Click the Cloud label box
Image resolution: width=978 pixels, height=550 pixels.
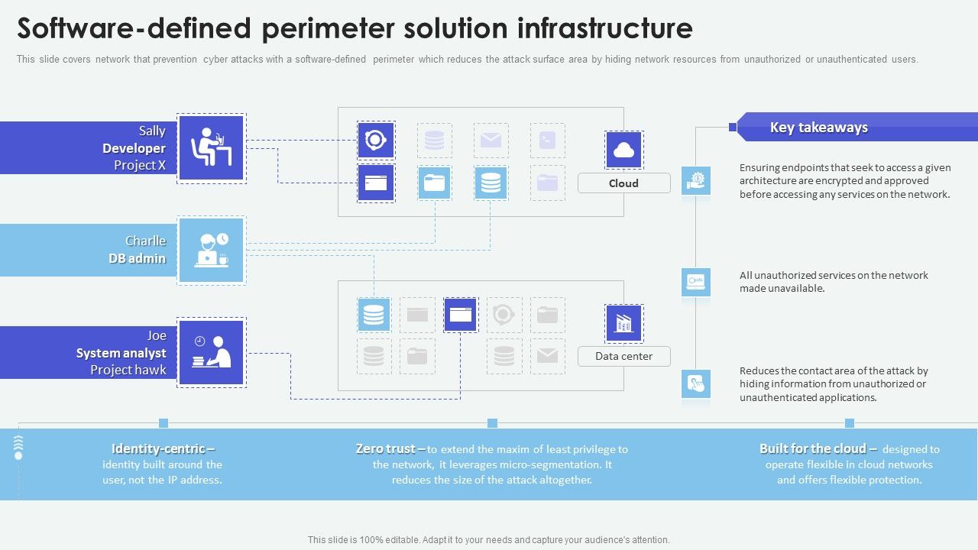[x=623, y=183]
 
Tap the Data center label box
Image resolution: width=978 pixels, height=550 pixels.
[x=623, y=356]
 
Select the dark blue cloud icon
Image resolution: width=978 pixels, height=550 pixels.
[x=623, y=150]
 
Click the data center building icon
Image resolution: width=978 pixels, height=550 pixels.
[x=623, y=323]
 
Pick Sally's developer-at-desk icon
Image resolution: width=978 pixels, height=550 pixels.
[x=212, y=148]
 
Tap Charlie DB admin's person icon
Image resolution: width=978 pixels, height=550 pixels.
[x=212, y=251]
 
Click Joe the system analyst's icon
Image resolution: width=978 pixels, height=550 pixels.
[x=212, y=352]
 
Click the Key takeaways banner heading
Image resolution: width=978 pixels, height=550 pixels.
[x=818, y=128]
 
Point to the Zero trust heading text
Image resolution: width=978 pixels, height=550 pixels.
[x=386, y=449]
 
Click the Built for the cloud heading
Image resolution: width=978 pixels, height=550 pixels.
[x=812, y=449]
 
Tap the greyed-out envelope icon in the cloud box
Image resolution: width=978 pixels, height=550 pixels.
[x=491, y=141]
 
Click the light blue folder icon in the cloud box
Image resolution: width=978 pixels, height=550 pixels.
[x=434, y=183]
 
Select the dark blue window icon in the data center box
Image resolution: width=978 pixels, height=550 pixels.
[x=460, y=315]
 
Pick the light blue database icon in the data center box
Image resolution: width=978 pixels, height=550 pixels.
[x=374, y=315]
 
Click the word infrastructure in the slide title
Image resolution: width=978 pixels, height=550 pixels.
[x=604, y=29]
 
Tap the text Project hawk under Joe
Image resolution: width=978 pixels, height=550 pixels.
[x=128, y=370]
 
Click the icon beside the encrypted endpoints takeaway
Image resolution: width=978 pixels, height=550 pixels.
[x=696, y=181]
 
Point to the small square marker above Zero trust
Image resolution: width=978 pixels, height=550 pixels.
[x=492, y=423]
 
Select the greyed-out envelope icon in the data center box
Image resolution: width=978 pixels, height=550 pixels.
[x=547, y=355]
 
